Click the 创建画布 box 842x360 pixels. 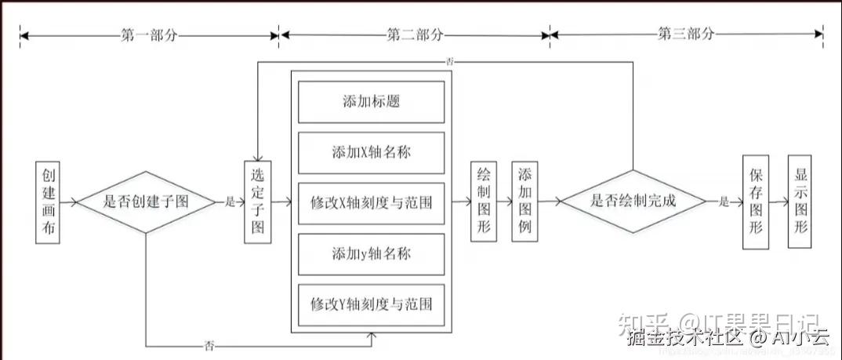pyautogui.click(x=47, y=202)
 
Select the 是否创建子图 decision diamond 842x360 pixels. pyautogui.click(x=147, y=202)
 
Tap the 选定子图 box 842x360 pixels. pyautogui.click(x=258, y=202)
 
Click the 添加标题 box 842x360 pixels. pyautogui.click(x=372, y=102)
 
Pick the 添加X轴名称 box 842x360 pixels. pyautogui.click(x=372, y=152)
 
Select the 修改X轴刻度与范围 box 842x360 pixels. pyautogui.click(x=372, y=202)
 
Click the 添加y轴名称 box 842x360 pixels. pyautogui.click(x=372, y=253)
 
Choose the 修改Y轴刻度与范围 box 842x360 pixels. pyautogui.click(x=372, y=303)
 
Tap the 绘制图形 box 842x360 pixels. pyautogui.click(x=484, y=202)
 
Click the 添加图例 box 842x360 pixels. pyautogui.click(x=524, y=202)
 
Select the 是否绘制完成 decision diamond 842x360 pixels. pyautogui.click(x=636, y=201)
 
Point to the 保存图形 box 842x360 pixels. pyautogui.click(x=756, y=202)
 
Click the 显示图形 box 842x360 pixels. pyautogui.click(x=801, y=202)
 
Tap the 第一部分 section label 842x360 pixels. pyautogui.click(x=149, y=35)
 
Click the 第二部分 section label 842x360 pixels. pyautogui.click(x=415, y=35)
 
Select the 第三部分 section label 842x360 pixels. pyautogui.click(x=687, y=35)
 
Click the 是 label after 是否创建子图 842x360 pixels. pyautogui.click(x=230, y=202)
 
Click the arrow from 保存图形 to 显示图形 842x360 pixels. pyautogui.click(x=778, y=202)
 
